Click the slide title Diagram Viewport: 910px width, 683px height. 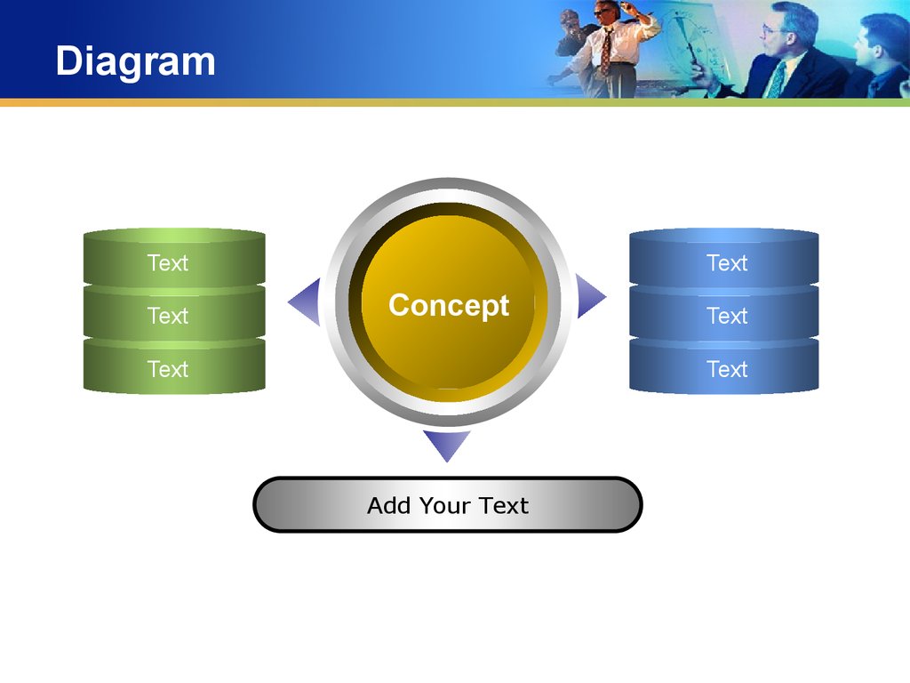tap(135, 61)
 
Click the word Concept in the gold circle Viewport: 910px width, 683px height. tap(449, 306)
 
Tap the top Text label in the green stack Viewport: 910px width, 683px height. tap(168, 263)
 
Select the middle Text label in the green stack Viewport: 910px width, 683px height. tap(168, 316)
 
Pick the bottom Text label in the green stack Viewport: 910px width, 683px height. tap(168, 369)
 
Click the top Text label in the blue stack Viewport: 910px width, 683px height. tap(727, 263)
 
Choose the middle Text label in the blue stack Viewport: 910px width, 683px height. tap(727, 316)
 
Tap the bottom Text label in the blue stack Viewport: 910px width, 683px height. tap(727, 369)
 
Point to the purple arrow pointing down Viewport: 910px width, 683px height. tap(447, 445)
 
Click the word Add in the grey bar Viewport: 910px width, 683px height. tap(388, 505)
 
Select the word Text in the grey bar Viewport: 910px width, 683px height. tap(503, 505)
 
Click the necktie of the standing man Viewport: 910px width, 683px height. tap(606, 50)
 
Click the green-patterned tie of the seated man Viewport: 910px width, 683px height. tap(775, 79)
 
